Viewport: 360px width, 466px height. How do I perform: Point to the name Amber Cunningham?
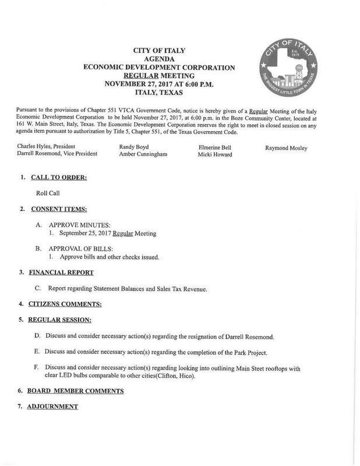click(x=143, y=155)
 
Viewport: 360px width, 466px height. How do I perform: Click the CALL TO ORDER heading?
click(x=58, y=176)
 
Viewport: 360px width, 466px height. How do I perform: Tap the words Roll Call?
click(x=47, y=192)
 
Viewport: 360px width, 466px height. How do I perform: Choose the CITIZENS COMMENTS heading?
click(x=65, y=304)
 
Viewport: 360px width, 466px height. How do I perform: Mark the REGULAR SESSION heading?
click(x=63, y=320)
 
